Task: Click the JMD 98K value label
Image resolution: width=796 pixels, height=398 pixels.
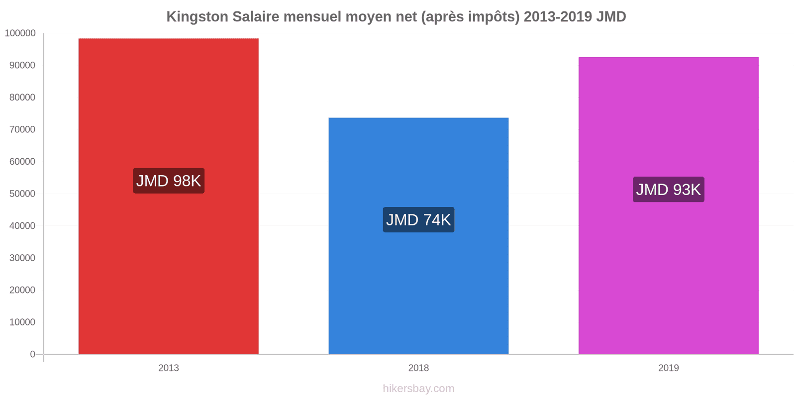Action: [x=169, y=181]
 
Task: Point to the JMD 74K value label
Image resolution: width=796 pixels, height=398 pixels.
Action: [x=418, y=219]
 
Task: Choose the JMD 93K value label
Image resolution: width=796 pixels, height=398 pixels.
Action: [x=668, y=190]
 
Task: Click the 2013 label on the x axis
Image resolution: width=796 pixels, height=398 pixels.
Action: [x=169, y=368]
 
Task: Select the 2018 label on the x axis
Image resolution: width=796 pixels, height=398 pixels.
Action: [x=418, y=368]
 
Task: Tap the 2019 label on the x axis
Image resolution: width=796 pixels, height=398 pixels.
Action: [x=668, y=368]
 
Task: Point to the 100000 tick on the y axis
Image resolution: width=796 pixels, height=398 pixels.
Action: [x=20, y=33]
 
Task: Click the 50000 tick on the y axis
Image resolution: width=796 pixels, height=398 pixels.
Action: [x=22, y=194]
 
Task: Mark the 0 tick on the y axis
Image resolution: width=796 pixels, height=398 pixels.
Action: [x=33, y=354]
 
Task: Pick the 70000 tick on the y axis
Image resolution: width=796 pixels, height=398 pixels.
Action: [x=22, y=130]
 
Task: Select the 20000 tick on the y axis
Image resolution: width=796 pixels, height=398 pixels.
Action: [x=22, y=290]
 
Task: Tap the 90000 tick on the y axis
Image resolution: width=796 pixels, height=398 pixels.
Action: [x=22, y=66]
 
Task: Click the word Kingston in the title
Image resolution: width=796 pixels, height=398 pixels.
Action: [x=197, y=17]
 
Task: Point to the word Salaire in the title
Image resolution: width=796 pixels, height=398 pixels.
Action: [x=256, y=17]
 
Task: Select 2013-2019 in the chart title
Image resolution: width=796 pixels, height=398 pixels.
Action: [x=558, y=17]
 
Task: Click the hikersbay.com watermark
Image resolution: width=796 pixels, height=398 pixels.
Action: [x=418, y=389]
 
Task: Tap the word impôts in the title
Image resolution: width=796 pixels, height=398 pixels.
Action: [x=493, y=17]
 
